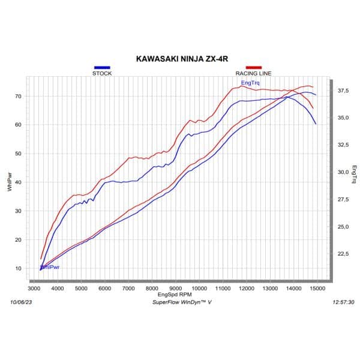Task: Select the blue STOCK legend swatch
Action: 101,68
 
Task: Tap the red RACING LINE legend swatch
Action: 253,68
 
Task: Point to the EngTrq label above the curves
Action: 250,83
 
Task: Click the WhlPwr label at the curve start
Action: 50,267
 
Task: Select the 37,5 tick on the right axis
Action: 343,91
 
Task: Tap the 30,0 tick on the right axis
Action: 343,172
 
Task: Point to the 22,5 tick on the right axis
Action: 343,254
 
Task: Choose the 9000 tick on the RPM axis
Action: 175,289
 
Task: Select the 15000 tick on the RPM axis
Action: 317,289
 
